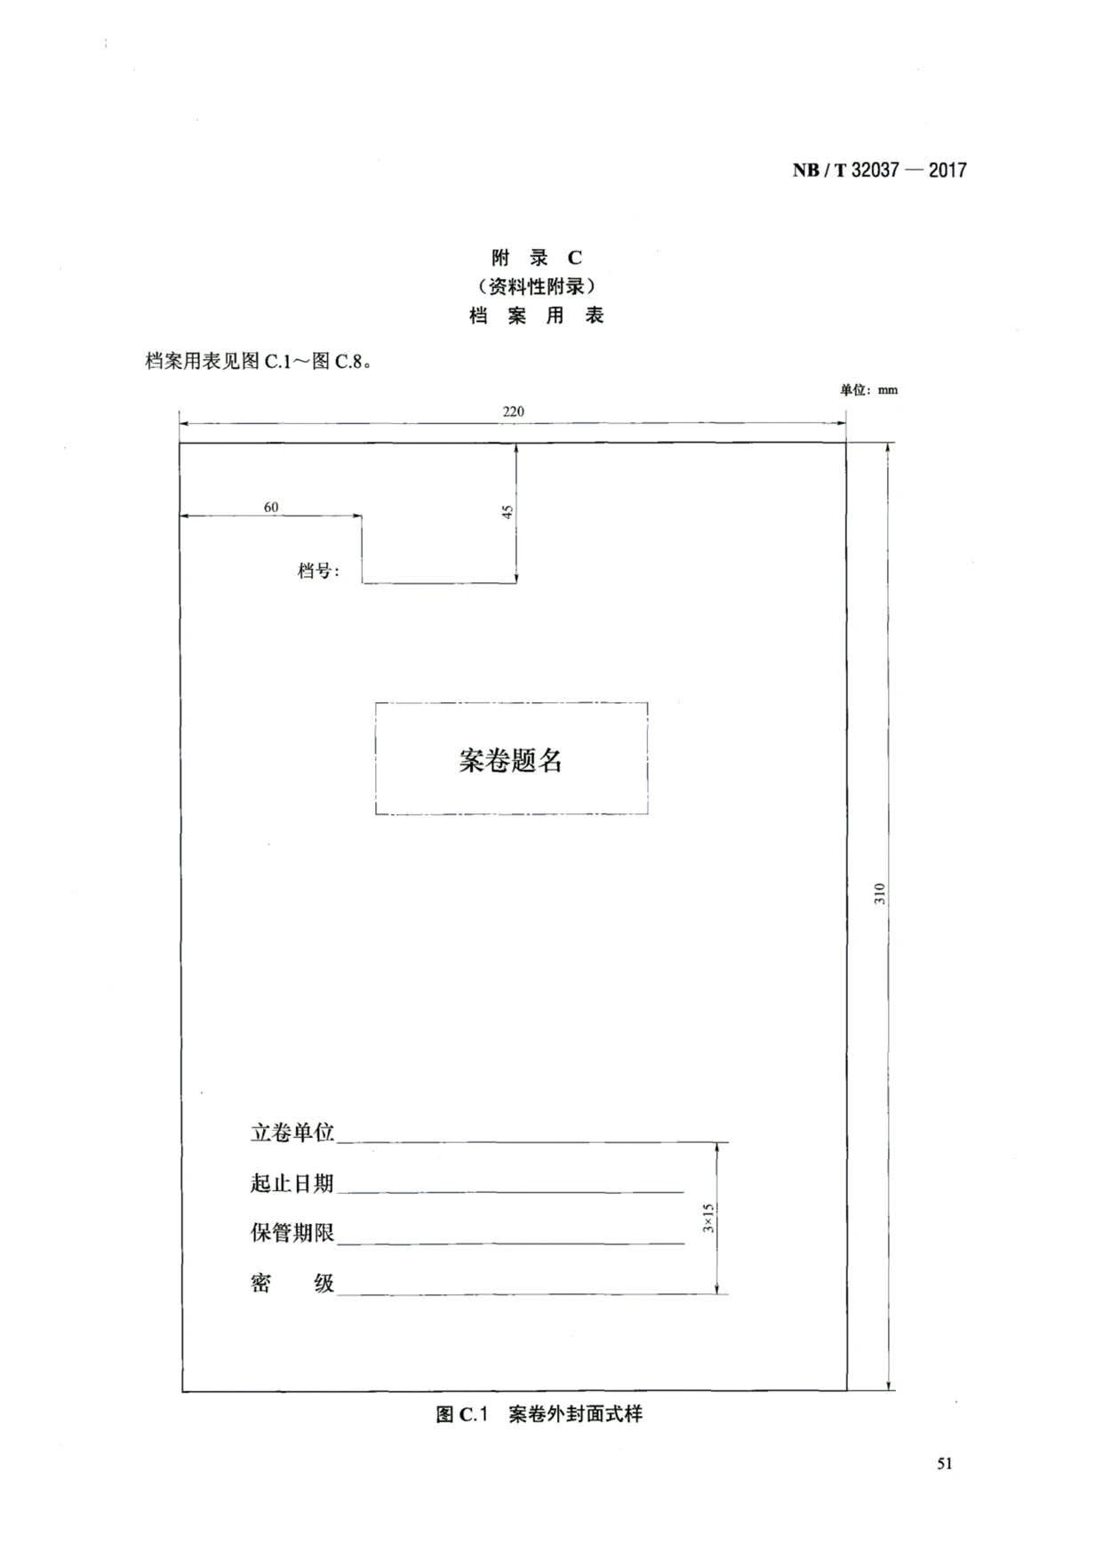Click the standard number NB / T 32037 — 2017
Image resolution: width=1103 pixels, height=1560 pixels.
(879, 170)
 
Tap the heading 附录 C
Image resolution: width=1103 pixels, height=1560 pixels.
(537, 258)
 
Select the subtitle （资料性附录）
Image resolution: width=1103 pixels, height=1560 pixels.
(537, 286)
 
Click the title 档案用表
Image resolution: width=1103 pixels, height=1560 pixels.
(537, 316)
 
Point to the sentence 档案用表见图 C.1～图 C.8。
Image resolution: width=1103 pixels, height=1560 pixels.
(258, 361)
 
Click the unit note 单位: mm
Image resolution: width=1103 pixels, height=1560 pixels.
(868, 389)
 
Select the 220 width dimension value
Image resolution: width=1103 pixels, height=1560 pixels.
(513, 412)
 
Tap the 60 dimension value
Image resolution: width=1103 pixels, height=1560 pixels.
(271, 507)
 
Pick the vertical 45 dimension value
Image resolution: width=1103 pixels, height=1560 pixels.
(508, 512)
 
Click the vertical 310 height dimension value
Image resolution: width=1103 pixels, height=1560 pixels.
(880, 893)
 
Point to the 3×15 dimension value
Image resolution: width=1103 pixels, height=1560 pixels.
(708, 1218)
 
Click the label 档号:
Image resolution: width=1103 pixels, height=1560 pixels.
(318, 571)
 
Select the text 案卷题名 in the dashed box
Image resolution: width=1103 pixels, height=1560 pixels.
(511, 760)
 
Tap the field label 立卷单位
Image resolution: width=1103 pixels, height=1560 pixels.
(292, 1132)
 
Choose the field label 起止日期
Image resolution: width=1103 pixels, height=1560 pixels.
(292, 1183)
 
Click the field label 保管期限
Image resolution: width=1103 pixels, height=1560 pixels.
(292, 1233)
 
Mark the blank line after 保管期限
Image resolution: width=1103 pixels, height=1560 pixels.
(511, 1244)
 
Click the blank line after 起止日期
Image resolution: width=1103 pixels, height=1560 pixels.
(511, 1192)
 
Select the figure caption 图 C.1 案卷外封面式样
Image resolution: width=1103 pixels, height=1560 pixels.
(539, 1414)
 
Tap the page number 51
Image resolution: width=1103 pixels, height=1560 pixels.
(945, 1464)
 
